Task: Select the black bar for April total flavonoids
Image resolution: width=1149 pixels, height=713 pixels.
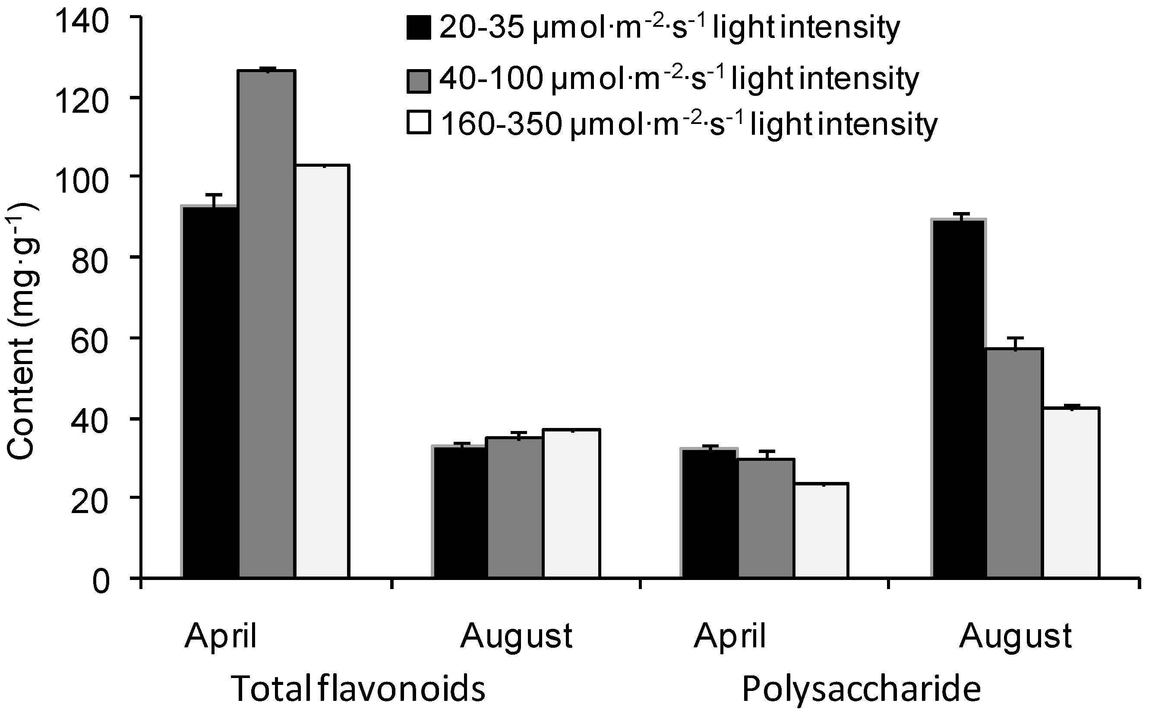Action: point(210,391)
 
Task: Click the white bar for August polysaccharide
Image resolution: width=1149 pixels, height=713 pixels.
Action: point(1071,492)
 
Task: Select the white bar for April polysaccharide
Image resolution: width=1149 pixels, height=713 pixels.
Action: point(821,530)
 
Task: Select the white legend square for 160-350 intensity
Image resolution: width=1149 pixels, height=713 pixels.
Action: point(419,124)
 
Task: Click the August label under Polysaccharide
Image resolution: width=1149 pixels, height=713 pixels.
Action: point(1016,637)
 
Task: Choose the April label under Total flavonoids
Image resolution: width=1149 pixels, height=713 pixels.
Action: point(221,637)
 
